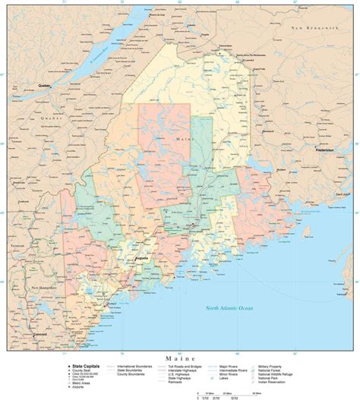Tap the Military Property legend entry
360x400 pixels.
tap(276, 365)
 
